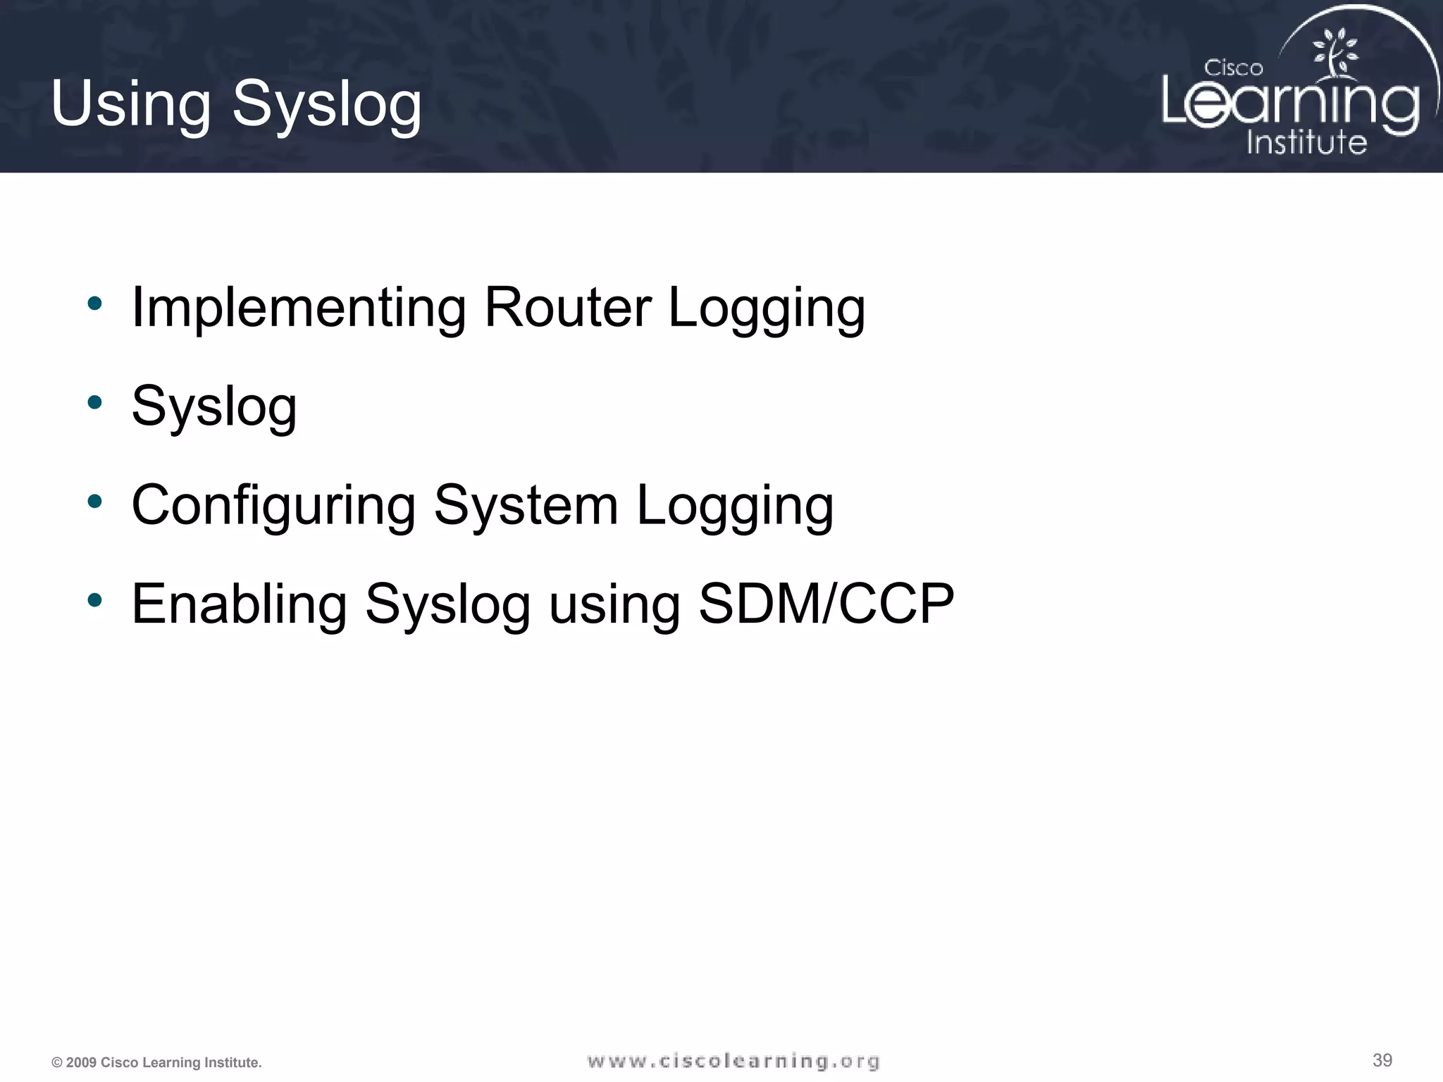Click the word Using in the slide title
pyautogui.click(x=130, y=104)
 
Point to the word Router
pyautogui.click(x=568, y=307)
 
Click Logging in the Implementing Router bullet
pyautogui.click(x=767, y=310)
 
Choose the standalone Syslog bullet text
pyautogui.click(x=214, y=407)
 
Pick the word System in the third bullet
pyautogui.click(x=526, y=506)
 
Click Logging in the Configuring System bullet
pyautogui.click(x=735, y=507)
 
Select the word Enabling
pyautogui.click(x=240, y=604)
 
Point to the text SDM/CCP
pyautogui.click(x=826, y=604)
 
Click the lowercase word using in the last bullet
pyautogui.click(x=614, y=606)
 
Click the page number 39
pyautogui.click(x=1382, y=1060)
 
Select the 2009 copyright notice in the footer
pyautogui.click(x=156, y=1062)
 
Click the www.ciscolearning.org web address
pyautogui.click(x=733, y=1061)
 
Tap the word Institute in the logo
pyautogui.click(x=1306, y=143)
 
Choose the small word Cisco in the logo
pyautogui.click(x=1233, y=68)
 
